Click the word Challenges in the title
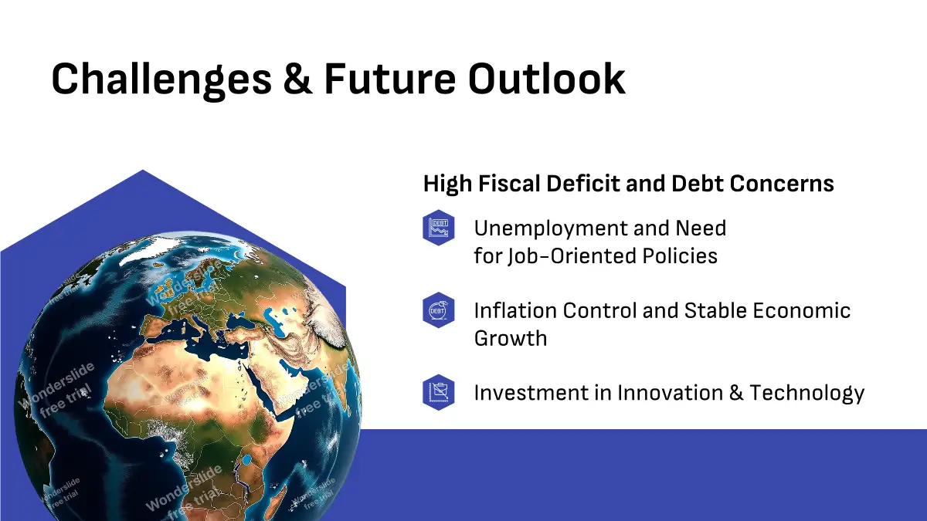(x=161, y=80)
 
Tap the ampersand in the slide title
(x=298, y=79)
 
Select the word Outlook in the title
(x=547, y=79)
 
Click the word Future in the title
(x=390, y=79)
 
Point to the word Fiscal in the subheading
(x=509, y=183)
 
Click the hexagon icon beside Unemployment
(x=439, y=228)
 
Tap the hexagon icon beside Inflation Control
(x=439, y=310)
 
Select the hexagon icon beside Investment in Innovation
(x=439, y=392)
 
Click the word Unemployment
(x=551, y=229)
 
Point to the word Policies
(x=680, y=256)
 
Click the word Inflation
(x=515, y=310)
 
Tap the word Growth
(x=511, y=338)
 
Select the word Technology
(x=807, y=394)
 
